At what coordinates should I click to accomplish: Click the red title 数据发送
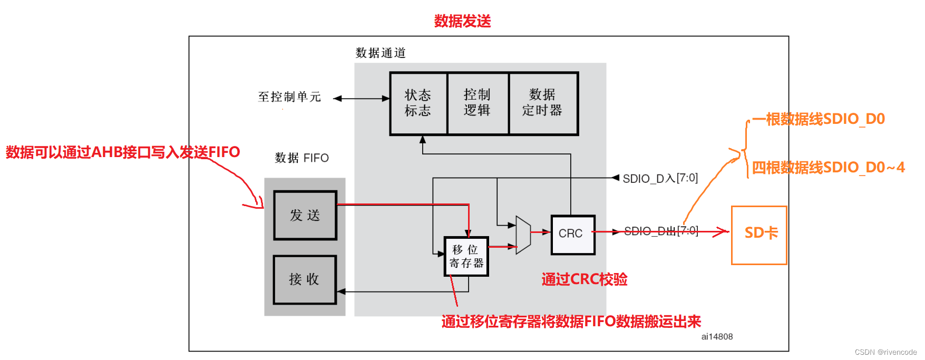tap(462, 21)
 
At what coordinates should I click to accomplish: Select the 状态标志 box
tap(418, 103)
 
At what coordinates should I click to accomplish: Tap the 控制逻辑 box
tap(478, 103)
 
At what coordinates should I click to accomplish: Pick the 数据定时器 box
tap(543, 103)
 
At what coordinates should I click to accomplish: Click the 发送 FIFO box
tap(305, 215)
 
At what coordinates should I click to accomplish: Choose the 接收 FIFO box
tap(305, 279)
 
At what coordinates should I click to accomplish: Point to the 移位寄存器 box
tap(466, 256)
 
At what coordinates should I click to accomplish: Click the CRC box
tap(572, 234)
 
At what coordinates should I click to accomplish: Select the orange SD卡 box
tap(759, 235)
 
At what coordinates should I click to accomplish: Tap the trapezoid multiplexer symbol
tap(523, 235)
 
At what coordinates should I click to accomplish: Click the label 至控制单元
tap(289, 97)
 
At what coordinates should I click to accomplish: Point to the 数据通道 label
tap(381, 53)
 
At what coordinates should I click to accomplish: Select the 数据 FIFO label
tap(301, 158)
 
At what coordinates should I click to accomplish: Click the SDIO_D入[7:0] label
tap(660, 178)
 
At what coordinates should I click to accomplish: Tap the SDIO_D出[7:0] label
tap(661, 231)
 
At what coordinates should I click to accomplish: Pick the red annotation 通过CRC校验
tap(584, 279)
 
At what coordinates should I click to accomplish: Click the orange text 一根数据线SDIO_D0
tap(818, 119)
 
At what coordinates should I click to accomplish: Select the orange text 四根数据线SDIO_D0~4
tap(828, 168)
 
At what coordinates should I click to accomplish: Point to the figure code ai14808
tap(717, 337)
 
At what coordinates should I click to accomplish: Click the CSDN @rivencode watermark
tap(885, 352)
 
